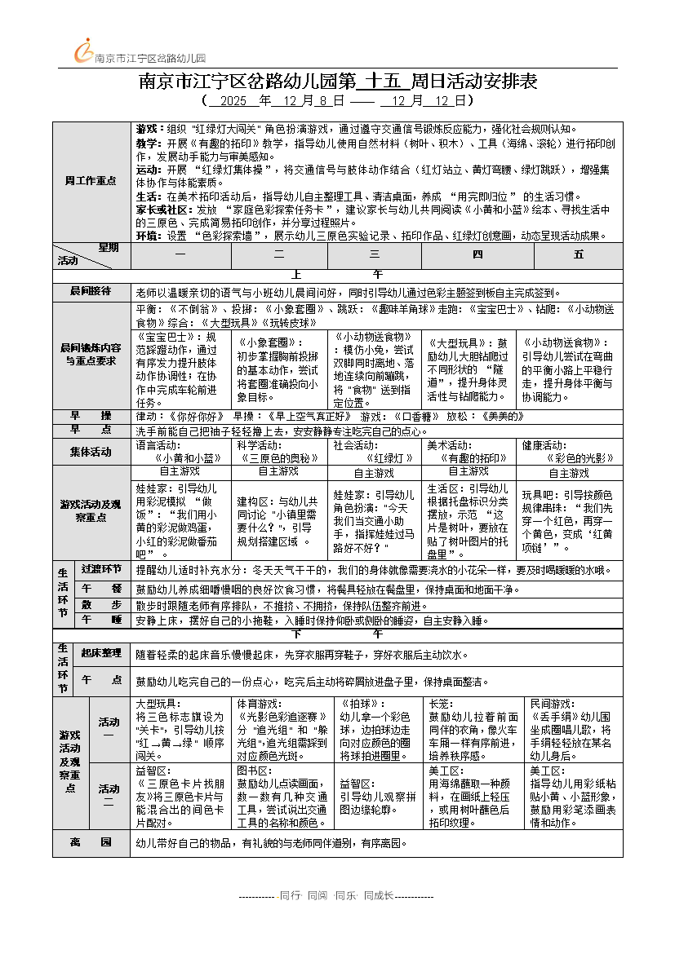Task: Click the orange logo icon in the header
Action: [x=84, y=51]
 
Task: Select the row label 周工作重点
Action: [x=91, y=181]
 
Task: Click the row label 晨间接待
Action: [x=91, y=291]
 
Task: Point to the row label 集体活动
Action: [x=91, y=452]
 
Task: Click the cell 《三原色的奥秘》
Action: [x=278, y=458]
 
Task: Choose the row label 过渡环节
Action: [x=101, y=569]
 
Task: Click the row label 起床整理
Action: [x=101, y=653]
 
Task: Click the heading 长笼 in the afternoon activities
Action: [x=439, y=703]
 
